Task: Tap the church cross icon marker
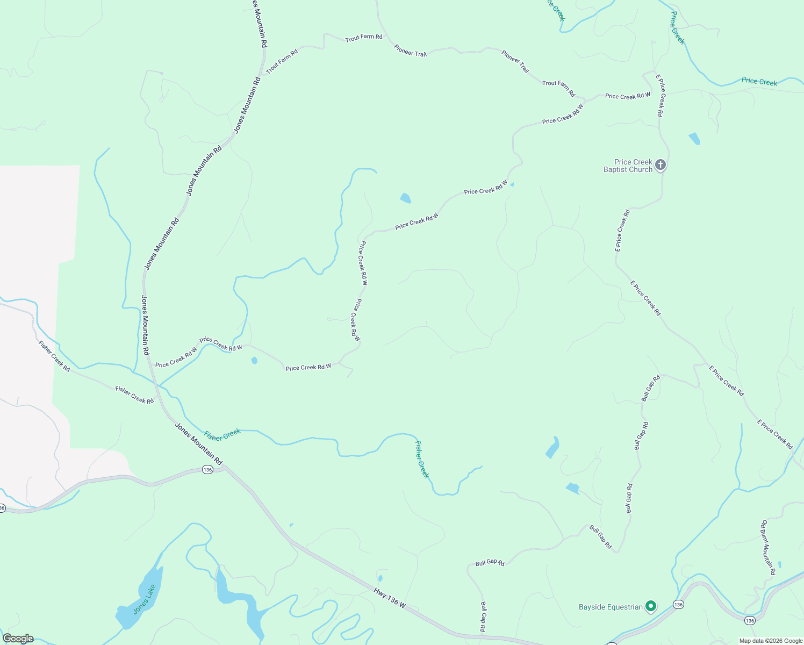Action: coord(661,165)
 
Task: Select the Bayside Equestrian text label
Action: coord(611,607)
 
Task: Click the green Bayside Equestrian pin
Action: coord(651,607)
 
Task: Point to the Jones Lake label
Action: coord(144,599)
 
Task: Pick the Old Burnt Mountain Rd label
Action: coord(768,547)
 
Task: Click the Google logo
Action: coord(18,639)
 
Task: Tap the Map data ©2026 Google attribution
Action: coord(770,641)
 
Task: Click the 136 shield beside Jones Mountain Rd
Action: coord(207,470)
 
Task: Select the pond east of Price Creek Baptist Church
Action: coord(694,138)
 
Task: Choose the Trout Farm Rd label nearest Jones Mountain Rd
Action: coord(282,61)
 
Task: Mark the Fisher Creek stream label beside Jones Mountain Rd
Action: coord(222,435)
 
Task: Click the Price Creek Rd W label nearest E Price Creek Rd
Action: coord(628,96)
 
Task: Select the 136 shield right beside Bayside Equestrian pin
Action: coord(678,605)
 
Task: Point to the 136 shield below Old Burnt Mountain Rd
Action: coord(750,621)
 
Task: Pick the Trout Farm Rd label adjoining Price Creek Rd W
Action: coord(559,88)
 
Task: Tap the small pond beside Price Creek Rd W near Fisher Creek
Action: coord(254,361)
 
